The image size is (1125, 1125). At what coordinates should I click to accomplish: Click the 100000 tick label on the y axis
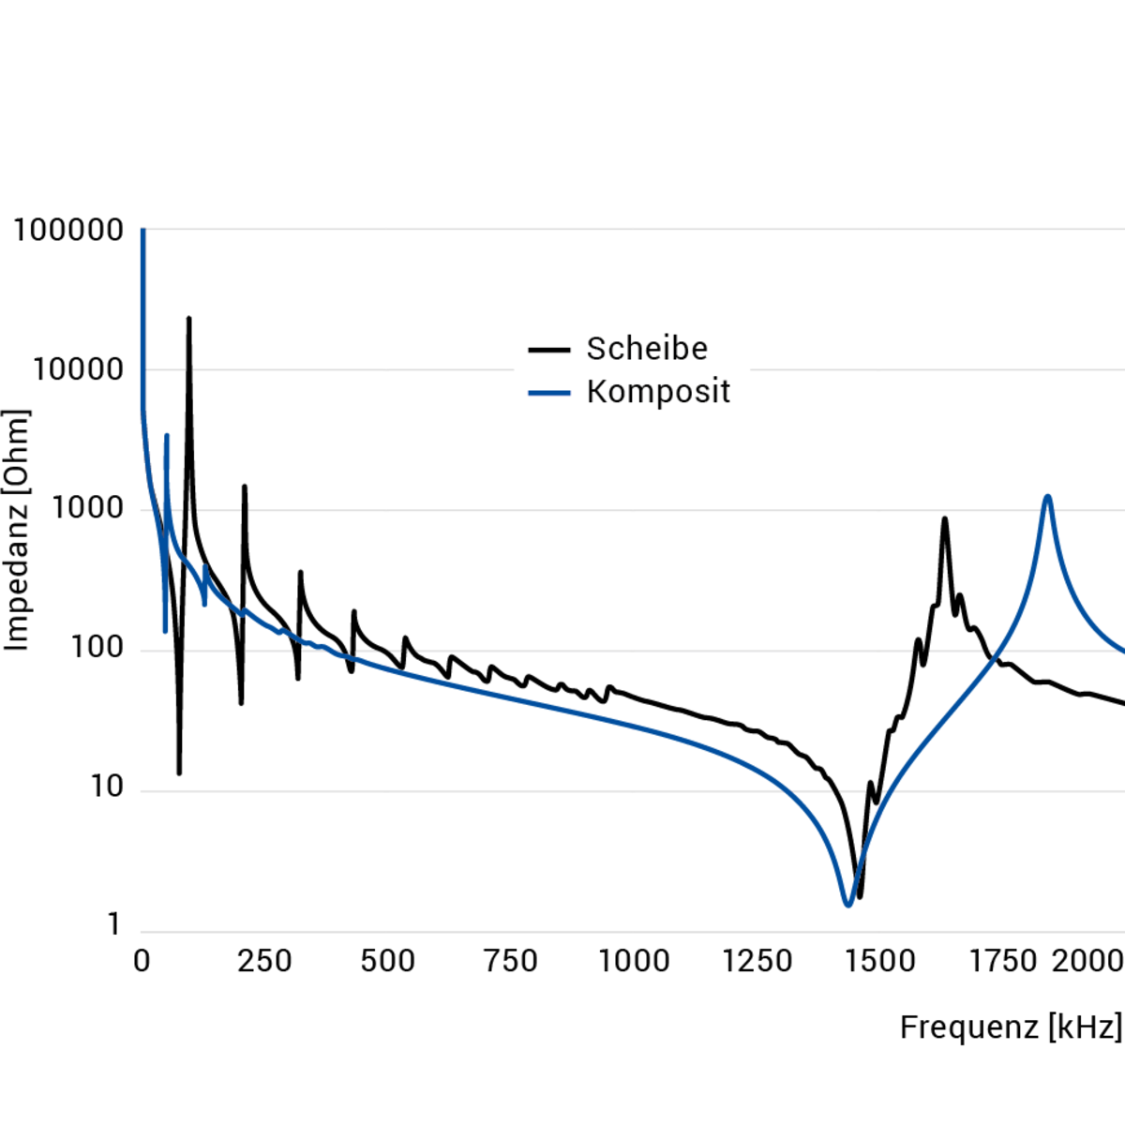[68, 231]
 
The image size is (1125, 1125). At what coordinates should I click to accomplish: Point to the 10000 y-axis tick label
[78, 370]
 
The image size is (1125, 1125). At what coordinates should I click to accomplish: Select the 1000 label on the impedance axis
[87, 509]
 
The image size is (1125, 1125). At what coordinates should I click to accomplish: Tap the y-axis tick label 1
[113, 925]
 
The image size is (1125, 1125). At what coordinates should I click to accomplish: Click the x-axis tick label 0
[142, 962]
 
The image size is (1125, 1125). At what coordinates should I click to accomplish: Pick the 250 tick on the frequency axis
[264, 962]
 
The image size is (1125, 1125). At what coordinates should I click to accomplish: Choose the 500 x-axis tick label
[388, 962]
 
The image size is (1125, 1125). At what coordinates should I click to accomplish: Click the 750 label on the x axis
[511, 962]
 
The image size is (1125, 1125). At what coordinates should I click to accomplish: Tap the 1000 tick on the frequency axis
[635, 962]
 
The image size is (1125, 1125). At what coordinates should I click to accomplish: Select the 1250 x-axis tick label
[757, 962]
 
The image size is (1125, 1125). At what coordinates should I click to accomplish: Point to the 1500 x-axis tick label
[880, 962]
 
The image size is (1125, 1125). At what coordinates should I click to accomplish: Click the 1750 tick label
[1003, 962]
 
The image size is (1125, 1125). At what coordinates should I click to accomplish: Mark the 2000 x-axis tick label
[1087, 962]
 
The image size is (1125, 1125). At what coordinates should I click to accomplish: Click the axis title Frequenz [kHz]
[1011, 1027]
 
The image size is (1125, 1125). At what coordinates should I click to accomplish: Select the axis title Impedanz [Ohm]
[17, 530]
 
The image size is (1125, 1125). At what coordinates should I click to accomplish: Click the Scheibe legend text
[647, 349]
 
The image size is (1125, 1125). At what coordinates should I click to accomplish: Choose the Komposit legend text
[658, 392]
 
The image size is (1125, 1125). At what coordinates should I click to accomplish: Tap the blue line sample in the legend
[549, 393]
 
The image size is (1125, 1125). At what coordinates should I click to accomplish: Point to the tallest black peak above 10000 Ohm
[188, 321]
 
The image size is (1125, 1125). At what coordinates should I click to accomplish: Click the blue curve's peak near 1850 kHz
[1047, 497]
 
